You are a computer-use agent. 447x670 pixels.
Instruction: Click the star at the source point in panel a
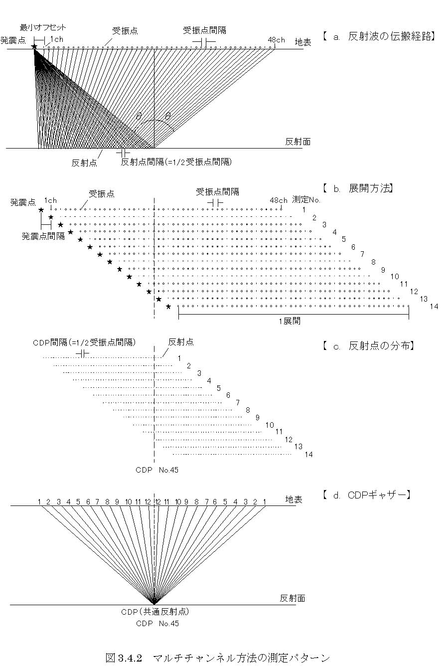(34, 47)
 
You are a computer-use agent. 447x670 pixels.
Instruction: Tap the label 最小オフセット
(43, 27)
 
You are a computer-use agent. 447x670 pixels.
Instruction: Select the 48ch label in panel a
(276, 40)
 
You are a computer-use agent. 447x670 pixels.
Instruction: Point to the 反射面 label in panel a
(298, 142)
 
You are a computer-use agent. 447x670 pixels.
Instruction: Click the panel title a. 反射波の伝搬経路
(379, 36)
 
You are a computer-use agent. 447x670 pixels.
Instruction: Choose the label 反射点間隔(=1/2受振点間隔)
(176, 162)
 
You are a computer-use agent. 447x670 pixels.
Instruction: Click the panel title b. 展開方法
(358, 188)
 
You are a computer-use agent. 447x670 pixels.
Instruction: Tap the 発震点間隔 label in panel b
(43, 236)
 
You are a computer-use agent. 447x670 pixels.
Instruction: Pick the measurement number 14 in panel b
(434, 306)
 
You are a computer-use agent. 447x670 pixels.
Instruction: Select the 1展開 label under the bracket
(290, 321)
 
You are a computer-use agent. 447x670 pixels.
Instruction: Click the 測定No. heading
(306, 200)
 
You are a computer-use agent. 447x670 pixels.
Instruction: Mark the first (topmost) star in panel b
(41, 210)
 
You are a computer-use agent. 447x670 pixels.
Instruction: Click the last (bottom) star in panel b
(168, 306)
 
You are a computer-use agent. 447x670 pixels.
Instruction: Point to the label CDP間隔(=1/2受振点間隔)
(84, 342)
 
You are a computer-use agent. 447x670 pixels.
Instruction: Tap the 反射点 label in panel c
(181, 342)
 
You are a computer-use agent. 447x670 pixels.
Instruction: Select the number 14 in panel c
(309, 455)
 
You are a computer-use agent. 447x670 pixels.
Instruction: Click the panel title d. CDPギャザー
(367, 495)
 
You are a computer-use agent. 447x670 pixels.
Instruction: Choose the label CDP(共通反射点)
(155, 612)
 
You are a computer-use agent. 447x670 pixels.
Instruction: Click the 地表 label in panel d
(294, 499)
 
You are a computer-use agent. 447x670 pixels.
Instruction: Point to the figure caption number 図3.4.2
(124, 658)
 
